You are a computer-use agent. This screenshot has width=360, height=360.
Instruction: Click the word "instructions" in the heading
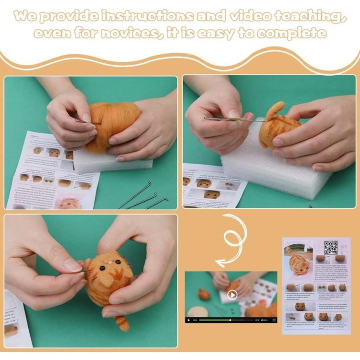point(148,16)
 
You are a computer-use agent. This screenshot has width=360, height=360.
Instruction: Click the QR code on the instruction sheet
point(331,248)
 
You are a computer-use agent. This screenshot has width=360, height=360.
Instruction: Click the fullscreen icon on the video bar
point(274,320)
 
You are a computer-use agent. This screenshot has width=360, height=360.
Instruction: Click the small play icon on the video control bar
point(189,320)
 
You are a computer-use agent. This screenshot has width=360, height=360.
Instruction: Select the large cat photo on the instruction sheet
point(299,263)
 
